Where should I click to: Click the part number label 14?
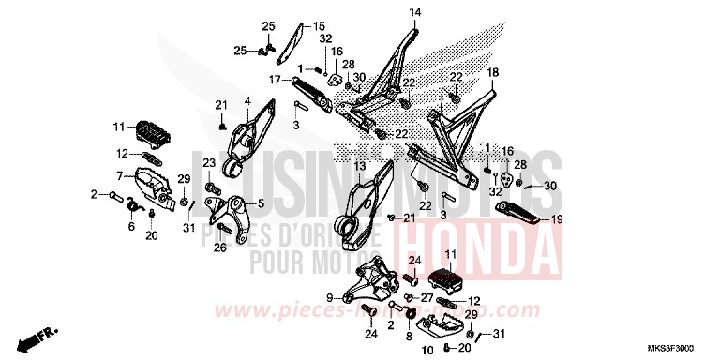415,12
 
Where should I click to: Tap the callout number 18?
492,72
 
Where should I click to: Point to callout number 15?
293,26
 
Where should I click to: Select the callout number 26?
220,248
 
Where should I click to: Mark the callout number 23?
209,163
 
